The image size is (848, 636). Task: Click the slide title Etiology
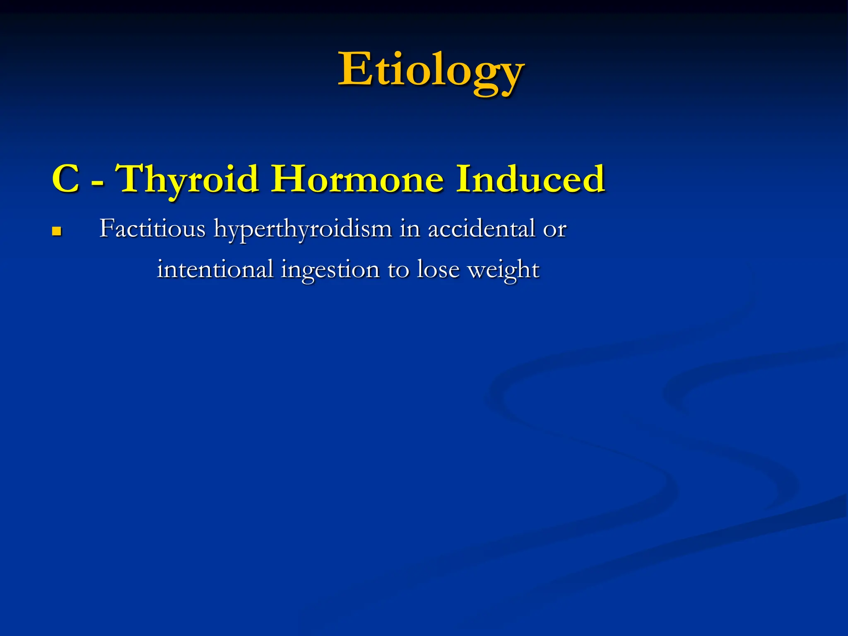point(431,70)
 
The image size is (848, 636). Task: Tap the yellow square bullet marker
point(57,231)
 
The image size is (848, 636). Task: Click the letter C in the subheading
point(66,179)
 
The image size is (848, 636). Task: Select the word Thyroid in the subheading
point(189,179)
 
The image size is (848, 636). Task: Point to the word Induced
point(530,179)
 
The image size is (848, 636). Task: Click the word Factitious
point(152,228)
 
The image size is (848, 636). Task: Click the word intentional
point(215,269)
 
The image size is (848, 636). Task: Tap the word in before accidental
point(410,228)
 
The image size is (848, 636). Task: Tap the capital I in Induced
point(463,179)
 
